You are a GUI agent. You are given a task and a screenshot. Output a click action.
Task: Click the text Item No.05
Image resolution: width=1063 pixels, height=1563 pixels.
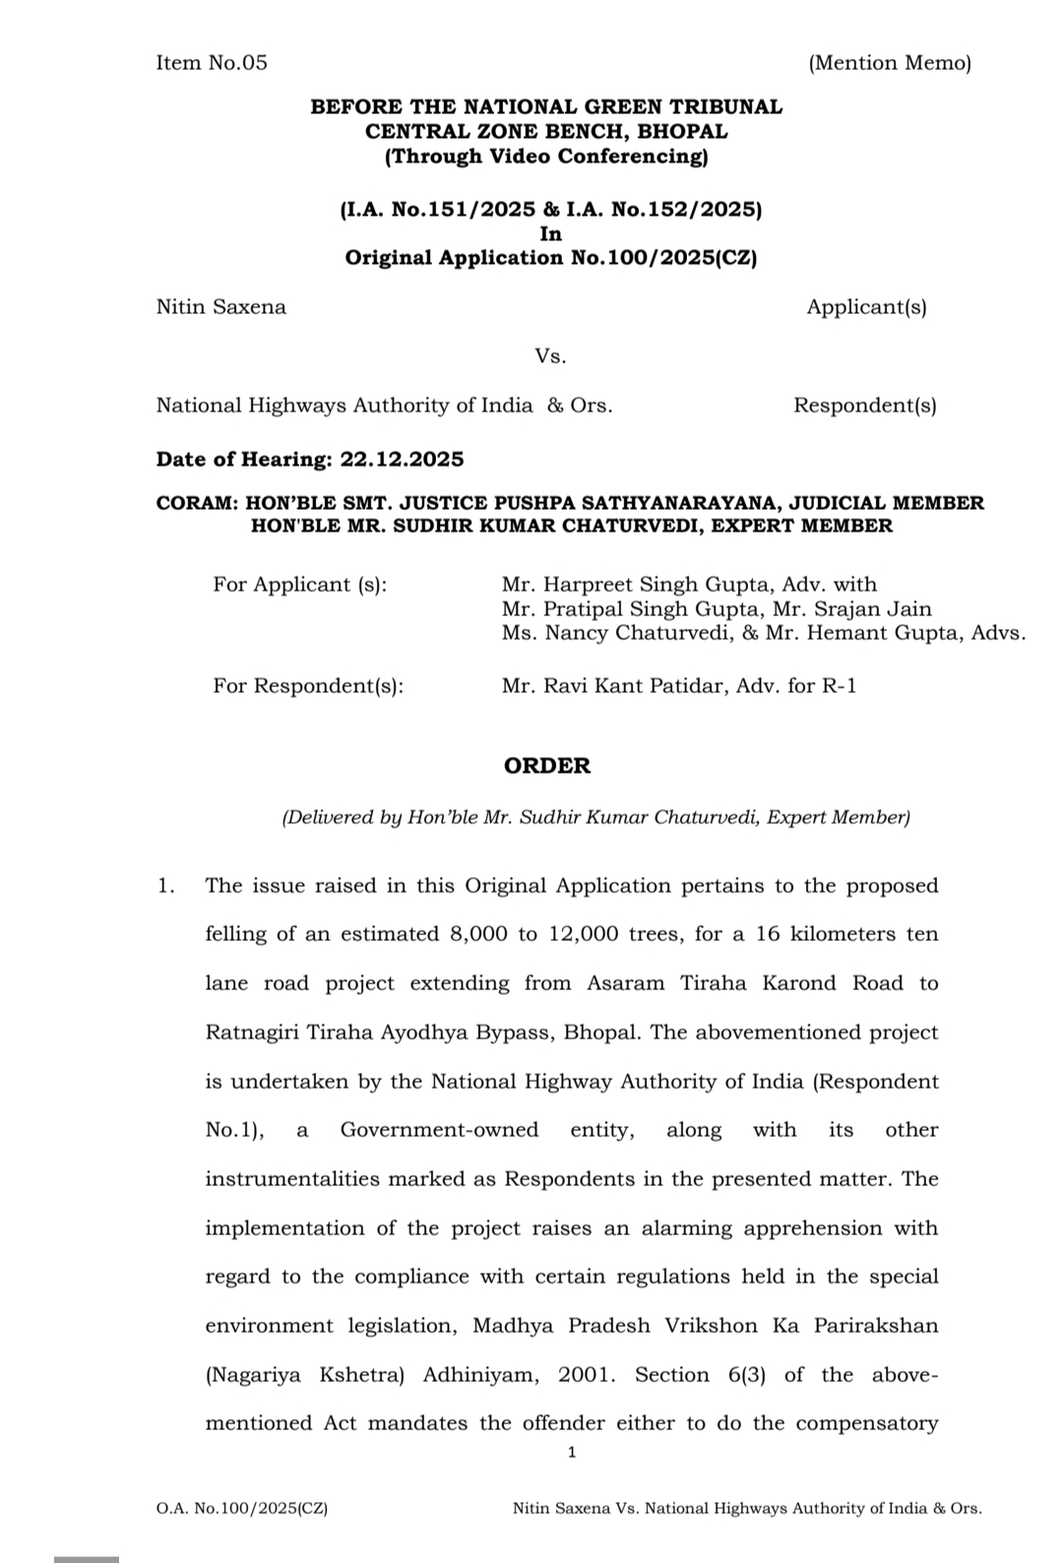(x=212, y=63)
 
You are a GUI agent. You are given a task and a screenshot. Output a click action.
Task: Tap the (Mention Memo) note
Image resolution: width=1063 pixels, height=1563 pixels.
(x=889, y=63)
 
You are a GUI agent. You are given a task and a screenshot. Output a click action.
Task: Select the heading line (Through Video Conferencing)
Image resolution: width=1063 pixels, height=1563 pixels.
(x=546, y=156)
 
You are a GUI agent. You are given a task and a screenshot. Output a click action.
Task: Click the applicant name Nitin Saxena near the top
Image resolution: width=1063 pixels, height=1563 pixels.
(x=221, y=306)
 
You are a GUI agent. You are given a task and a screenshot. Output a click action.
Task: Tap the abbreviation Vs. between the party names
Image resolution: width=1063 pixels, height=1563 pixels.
(x=550, y=355)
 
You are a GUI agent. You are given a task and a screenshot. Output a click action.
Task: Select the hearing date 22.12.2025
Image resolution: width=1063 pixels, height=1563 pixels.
(x=402, y=459)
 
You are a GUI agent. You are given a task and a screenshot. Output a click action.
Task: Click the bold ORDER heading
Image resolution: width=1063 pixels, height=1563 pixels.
(x=547, y=766)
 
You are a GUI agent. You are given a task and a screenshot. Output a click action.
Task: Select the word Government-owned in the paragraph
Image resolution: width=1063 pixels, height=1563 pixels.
(x=439, y=1129)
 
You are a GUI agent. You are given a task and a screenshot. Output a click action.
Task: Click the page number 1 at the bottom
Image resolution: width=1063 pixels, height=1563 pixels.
(x=572, y=1452)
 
